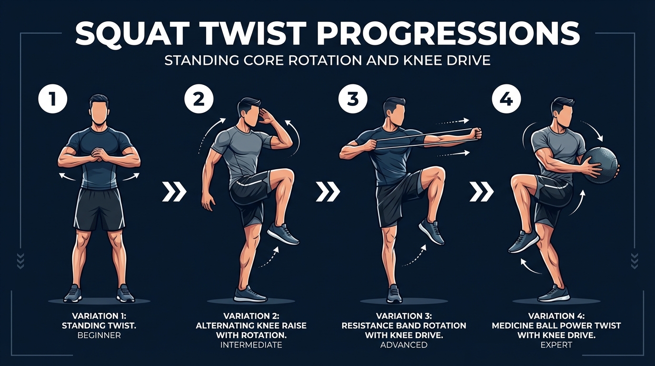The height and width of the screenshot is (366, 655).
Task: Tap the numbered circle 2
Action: click(x=199, y=99)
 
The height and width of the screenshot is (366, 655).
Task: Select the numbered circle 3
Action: click(x=352, y=99)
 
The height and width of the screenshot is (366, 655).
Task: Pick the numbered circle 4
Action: click(x=506, y=99)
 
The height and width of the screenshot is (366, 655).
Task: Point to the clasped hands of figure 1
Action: click(x=99, y=155)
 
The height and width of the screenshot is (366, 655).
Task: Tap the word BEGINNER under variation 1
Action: click(x=99, y=335)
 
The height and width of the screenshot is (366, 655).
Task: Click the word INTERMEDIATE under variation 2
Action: click(x=251, y=345)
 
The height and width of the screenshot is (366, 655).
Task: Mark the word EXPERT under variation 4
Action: click(x=556, y=345)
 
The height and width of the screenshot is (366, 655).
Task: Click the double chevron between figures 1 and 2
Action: click(x=175, y=192)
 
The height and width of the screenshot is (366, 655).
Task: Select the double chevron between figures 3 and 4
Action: click(x=481, y=192)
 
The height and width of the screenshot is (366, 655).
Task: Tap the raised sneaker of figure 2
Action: click(x=283, y=234)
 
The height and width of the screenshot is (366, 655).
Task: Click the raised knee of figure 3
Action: click(x=437, y=175)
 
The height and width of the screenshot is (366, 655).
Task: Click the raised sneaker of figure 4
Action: click(x=524, y=241)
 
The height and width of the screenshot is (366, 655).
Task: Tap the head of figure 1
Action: click(x=99, y=110)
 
